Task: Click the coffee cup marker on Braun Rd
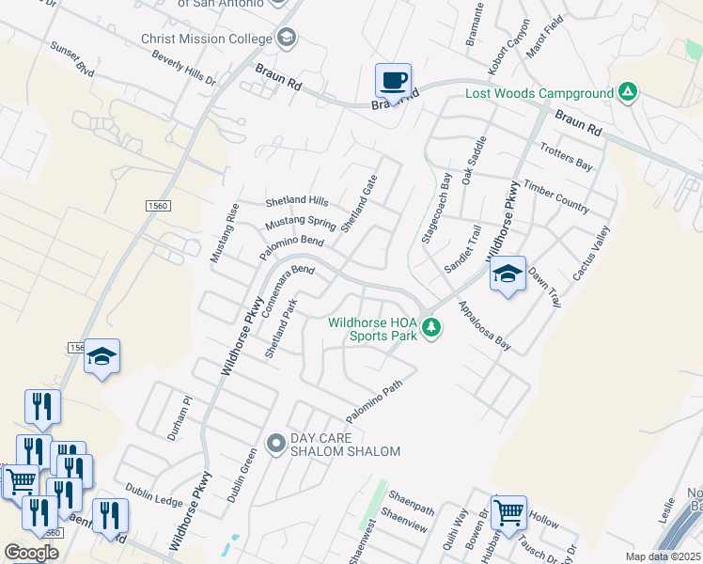tap(394, 79)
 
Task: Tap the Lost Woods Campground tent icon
tap(629, 92)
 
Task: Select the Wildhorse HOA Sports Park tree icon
tap(431, 328)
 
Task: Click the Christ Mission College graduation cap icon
tap(287, 39)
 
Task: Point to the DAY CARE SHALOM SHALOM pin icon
tap(275, 443)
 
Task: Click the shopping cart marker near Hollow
tap(508, 513)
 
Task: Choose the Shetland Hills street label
tap(296, 202)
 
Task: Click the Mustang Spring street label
tap(300, 223)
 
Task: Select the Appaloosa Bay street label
tap(485, 326)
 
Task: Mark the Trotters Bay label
tap(566, 157)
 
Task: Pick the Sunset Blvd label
tap(72, 57)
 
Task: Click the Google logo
tap(31, 553)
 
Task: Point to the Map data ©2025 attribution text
tap(663, 556)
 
